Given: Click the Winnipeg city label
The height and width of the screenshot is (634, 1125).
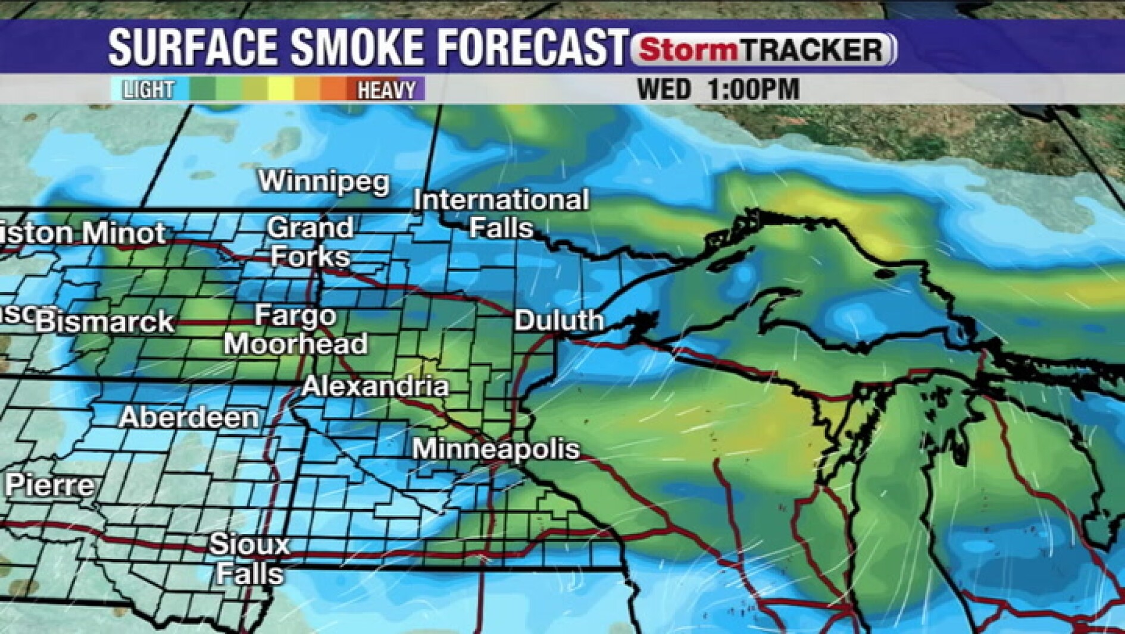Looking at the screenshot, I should coord(324,181).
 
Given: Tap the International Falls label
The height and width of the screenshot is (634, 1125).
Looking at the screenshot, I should coord(501,214).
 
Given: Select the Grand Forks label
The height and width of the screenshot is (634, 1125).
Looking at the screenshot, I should coord(310,242).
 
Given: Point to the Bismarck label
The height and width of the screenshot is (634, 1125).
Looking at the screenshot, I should coord(105,322).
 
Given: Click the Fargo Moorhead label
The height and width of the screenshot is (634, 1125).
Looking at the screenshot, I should coord(296,329).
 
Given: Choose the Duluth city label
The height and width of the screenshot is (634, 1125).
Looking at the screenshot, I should coord(559,321).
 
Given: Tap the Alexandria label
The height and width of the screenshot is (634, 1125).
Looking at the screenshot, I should coord(375,387).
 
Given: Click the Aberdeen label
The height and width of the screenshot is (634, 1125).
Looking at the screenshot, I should coord(189,418).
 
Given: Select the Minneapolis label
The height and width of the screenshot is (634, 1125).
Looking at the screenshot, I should coord(496,449).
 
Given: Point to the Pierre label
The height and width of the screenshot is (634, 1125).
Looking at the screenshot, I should coord(50,486).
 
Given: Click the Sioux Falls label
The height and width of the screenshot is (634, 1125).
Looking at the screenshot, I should coord(249,559).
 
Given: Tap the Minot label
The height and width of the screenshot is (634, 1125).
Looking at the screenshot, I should coord(124,233).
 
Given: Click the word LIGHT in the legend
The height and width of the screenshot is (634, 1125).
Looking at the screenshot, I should coord(148,90).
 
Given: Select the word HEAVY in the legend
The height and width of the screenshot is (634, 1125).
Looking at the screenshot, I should coord(386,90).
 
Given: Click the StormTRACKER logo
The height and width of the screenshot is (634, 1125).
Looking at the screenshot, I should coord(763,49).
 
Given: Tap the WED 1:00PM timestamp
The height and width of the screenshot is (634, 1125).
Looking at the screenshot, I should coord(718,90).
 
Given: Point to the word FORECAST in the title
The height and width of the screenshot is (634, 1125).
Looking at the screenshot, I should coord(531,47).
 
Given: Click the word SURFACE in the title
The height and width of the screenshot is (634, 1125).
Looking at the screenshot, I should coord(193,47).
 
